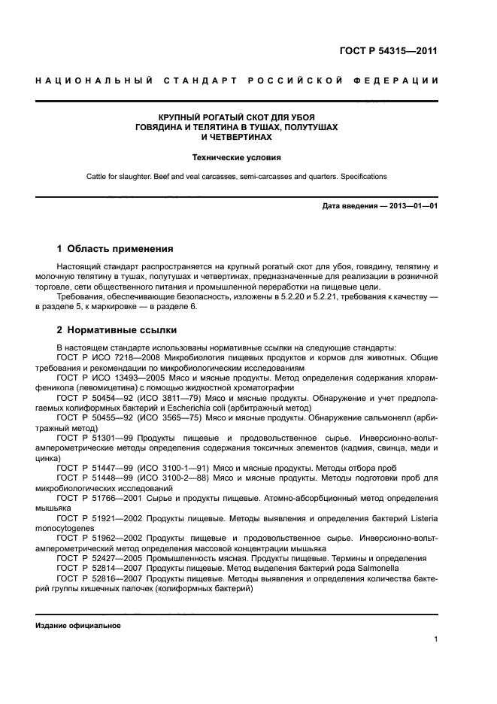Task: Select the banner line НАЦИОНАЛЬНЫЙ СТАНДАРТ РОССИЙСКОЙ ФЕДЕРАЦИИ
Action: click(237, 80)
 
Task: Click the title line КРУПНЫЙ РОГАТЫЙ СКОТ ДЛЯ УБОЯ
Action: click(236, 118)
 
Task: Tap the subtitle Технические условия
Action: click(236, 158)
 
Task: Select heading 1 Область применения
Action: click(115, 249)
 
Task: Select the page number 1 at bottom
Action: click(436, 639)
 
